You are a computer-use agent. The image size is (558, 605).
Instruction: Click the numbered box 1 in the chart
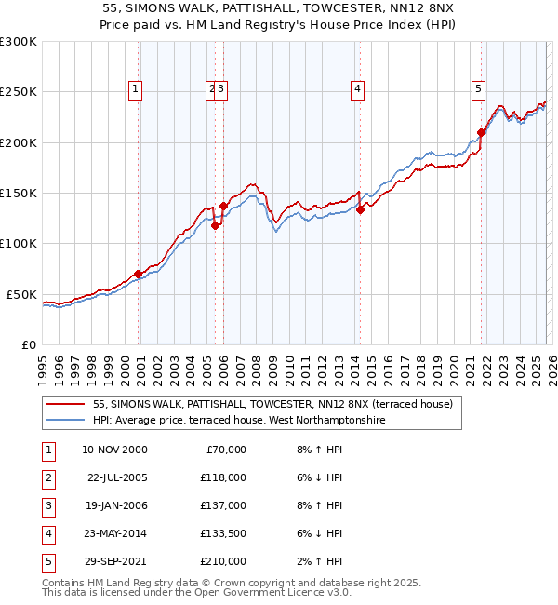coord(136,89)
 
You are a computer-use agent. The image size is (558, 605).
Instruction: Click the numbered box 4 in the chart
coord(357,89)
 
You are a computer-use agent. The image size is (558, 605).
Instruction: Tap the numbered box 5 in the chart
coord(478,89)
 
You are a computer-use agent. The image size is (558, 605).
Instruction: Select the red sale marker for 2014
coord(360,209)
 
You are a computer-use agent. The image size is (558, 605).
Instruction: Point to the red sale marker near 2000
coord(138,274)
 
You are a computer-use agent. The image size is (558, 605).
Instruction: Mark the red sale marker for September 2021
coord(482,132)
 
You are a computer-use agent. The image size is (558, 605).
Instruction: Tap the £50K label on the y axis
coord(22,294)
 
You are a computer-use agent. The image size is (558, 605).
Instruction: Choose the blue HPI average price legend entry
coord(238,421)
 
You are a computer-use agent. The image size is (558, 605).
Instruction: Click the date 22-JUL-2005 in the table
coord(116,477)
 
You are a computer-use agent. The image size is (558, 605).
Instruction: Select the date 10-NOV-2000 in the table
coord(114,450)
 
